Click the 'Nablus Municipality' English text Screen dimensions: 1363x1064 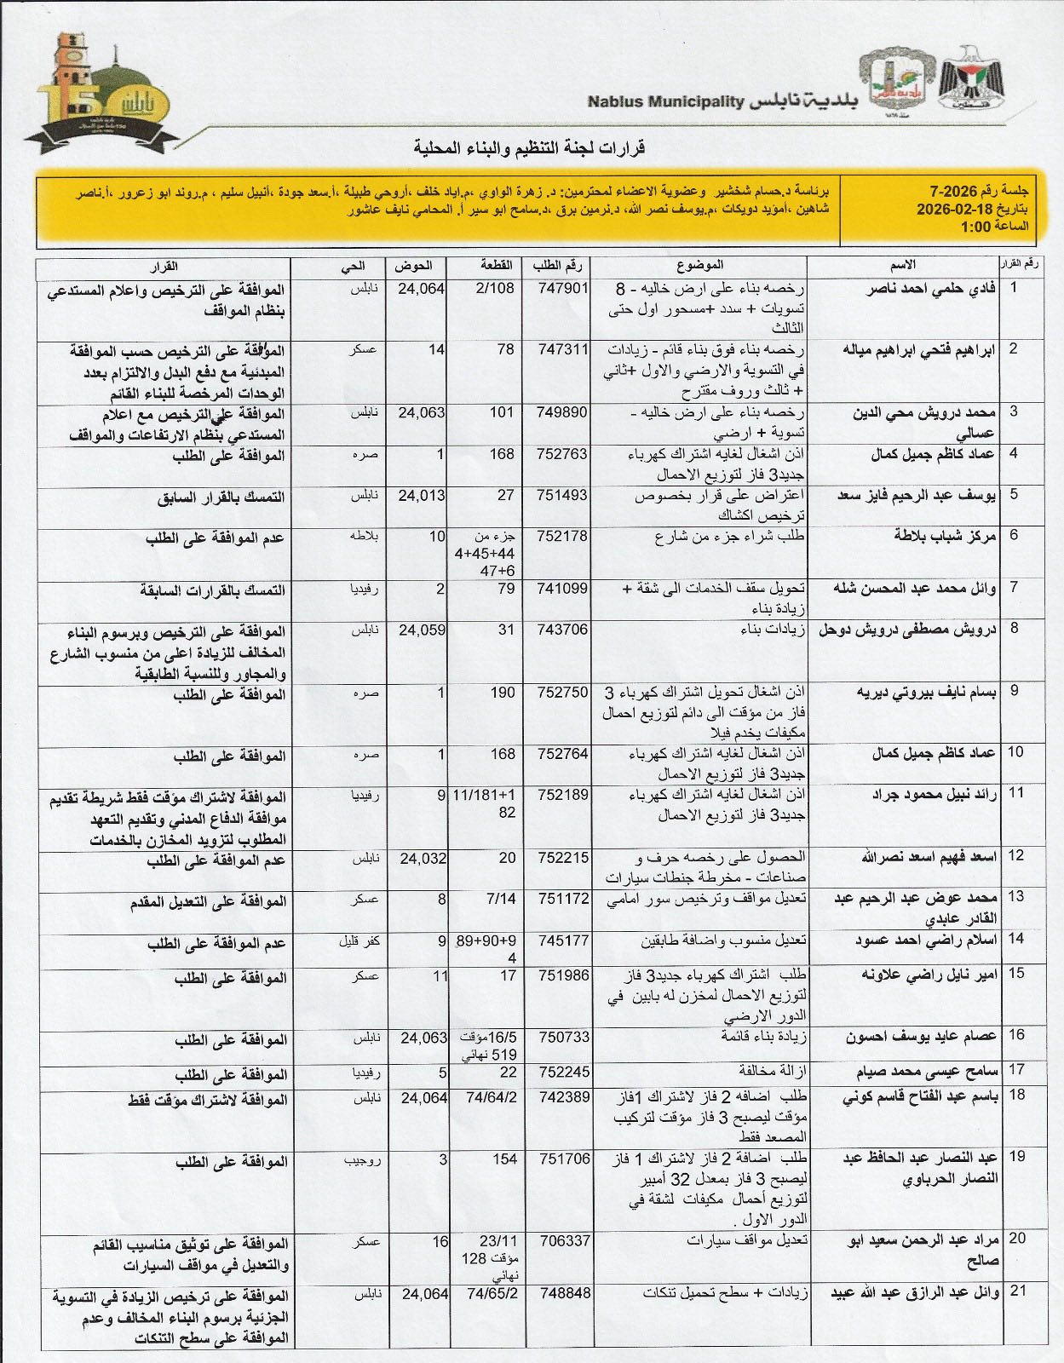665,101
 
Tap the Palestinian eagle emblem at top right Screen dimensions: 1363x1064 971,82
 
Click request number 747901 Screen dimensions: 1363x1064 563,289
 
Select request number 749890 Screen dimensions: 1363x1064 563,412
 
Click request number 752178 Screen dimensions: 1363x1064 563,536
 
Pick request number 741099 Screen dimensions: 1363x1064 563,589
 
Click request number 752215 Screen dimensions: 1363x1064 563,859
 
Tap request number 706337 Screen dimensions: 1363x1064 563,1241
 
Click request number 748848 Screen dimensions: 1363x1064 563,1293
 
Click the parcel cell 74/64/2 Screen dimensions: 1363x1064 492,1098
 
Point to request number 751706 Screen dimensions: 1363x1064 563,1159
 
